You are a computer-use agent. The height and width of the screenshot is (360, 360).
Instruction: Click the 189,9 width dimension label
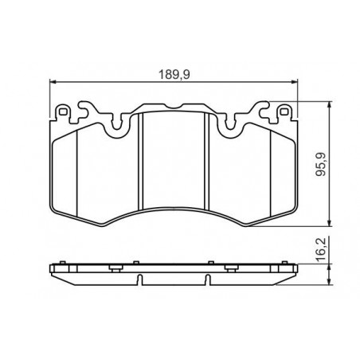pos(174,75)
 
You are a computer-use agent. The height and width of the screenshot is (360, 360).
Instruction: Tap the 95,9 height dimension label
pos(320,164)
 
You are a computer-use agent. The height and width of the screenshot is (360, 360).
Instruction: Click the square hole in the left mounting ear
pos(63,112)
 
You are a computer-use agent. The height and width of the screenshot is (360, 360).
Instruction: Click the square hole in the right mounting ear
pos(284,112)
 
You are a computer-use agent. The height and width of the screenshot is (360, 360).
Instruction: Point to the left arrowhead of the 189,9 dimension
pos(53,82)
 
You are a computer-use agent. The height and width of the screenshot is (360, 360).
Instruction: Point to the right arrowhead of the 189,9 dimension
pos(294,82)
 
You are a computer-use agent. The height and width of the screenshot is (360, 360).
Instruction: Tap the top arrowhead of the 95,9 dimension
pos(330,105)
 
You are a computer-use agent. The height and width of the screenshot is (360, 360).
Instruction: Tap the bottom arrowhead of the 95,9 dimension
pos(330,223)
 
